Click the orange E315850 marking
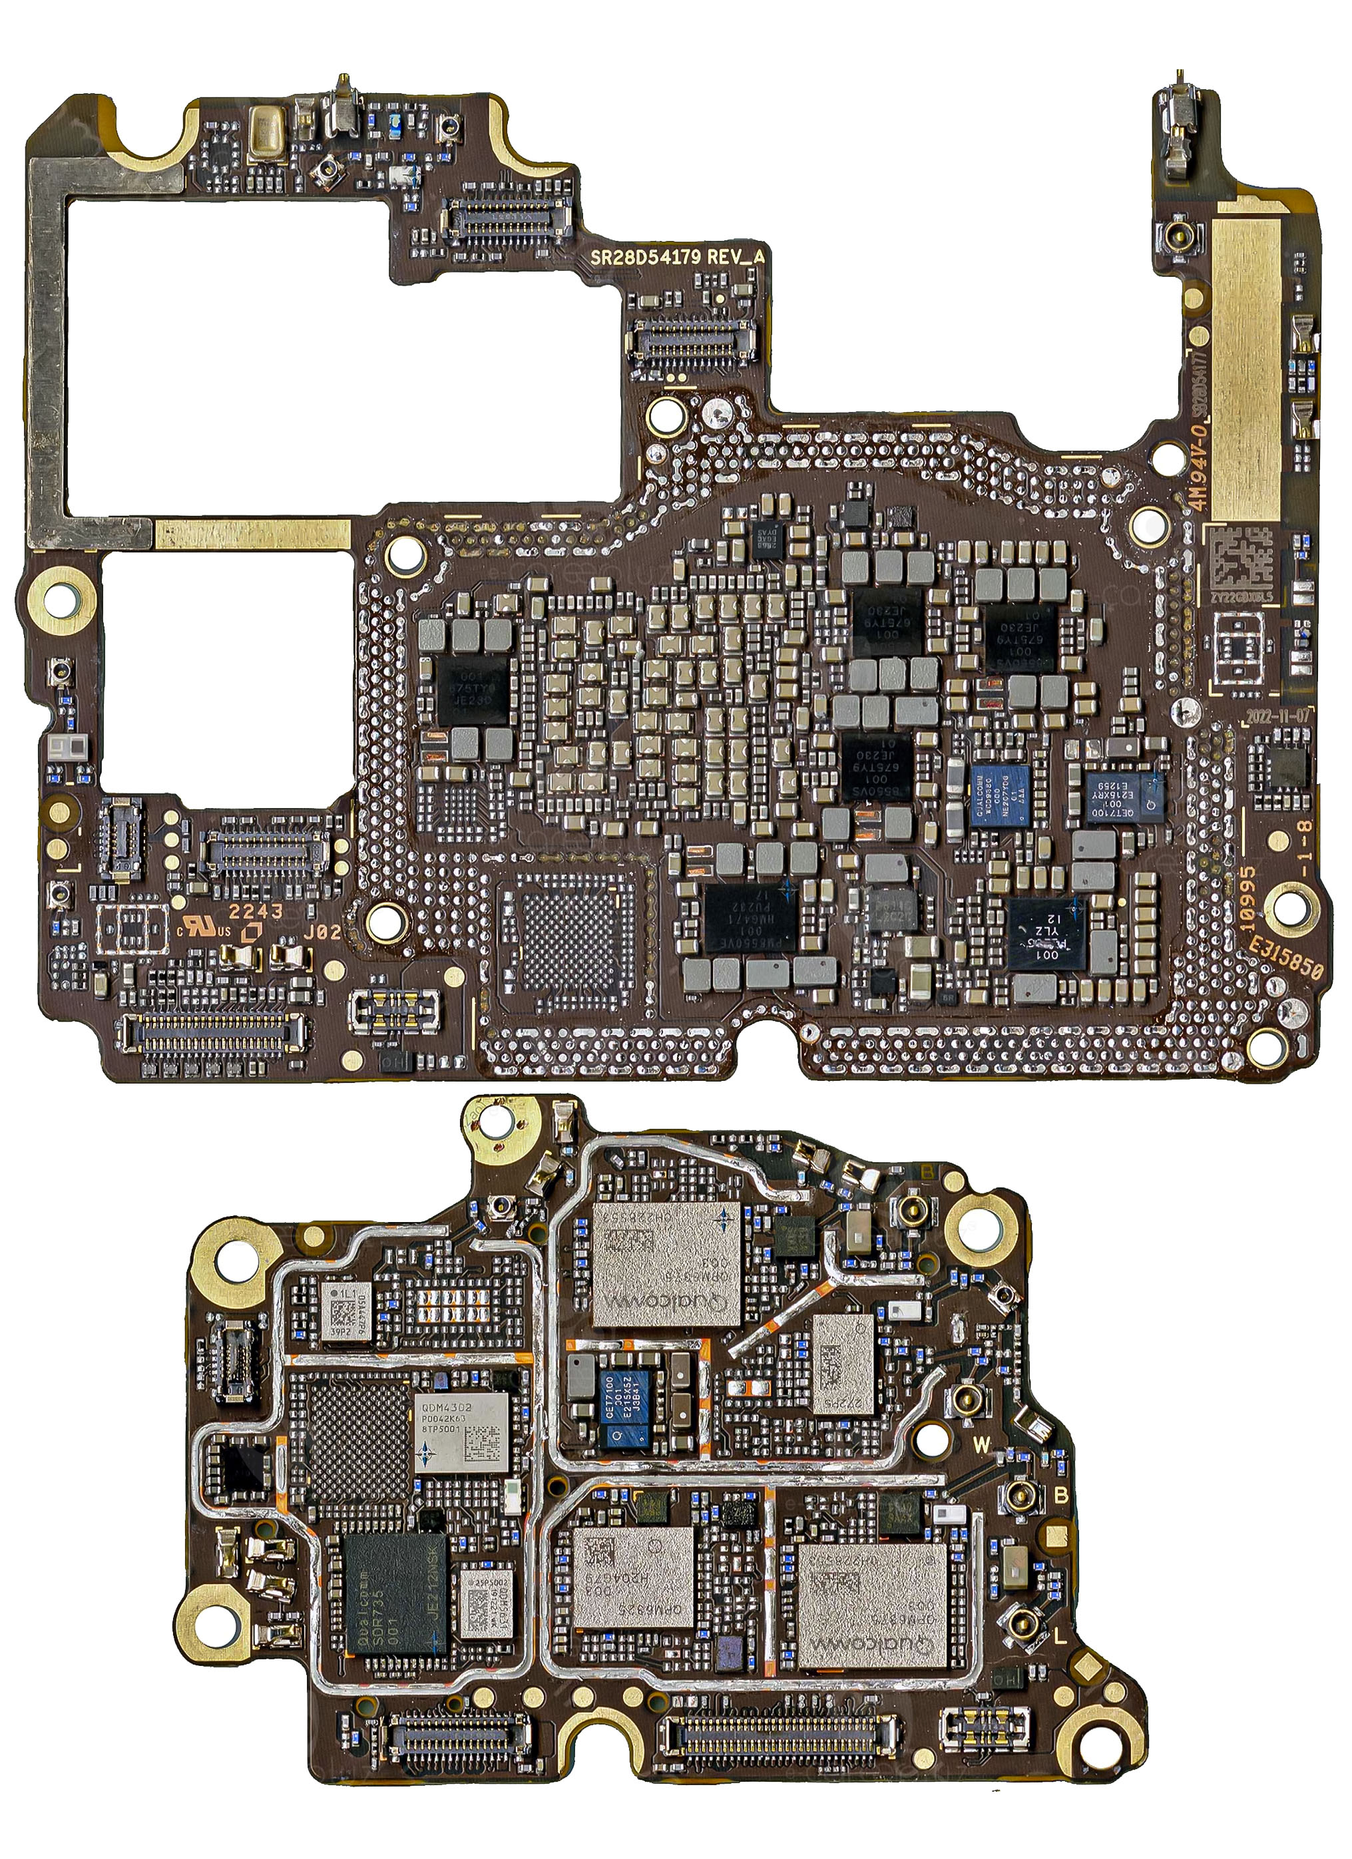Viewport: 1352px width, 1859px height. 1285,959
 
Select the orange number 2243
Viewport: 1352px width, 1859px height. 255,911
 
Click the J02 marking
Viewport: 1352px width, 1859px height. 322,932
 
